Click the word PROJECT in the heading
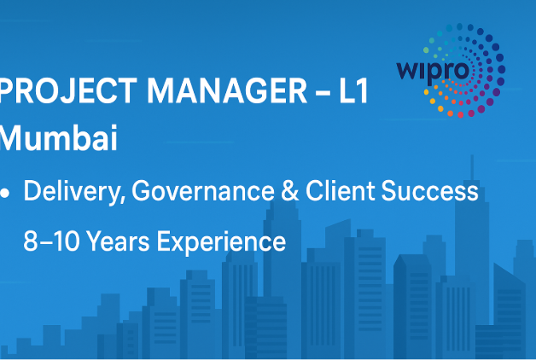tap(68, 90)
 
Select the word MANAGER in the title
tap(227, 90)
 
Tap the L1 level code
tap(353, 90)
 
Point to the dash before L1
tap(323, 92)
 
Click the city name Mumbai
tap(58, 138)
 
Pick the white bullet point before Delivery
tap(5, 194)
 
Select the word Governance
tap(203, 190)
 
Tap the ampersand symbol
tap(290, 190)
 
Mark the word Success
tap(429, 190)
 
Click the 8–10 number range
tap(51, 241)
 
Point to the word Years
tap(118, 241)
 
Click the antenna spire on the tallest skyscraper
tap(472, 167)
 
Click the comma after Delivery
tap(122, 200)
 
